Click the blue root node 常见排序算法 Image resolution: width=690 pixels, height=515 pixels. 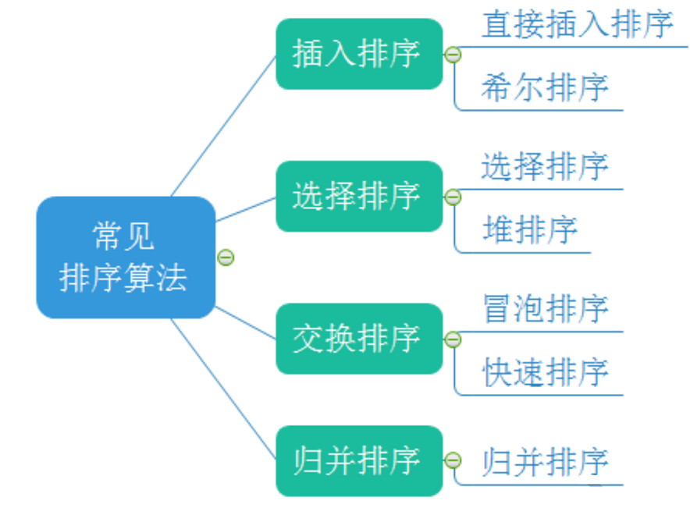click(x=125, y=257)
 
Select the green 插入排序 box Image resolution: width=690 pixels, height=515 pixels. click(x=359, y=54)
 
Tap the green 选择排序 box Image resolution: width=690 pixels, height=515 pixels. click(x=359, y=196)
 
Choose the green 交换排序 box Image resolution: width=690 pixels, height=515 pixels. click(x=359, y=339)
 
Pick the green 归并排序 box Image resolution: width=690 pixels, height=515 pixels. click(x=359, y=460)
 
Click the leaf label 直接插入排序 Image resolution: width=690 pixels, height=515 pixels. click(x=577, y=24)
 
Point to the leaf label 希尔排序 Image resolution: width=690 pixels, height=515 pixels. click(x=544, y=87)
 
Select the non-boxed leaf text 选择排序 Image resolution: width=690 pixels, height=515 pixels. click(x=544, y=166)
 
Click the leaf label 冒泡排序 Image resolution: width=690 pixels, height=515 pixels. click(x=544, y=309)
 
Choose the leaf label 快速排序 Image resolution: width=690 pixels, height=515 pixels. click(x=544, y=372)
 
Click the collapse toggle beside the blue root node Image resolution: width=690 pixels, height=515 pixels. click(x=226, y=257)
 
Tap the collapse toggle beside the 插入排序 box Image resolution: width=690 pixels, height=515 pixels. click(x=453, y=55)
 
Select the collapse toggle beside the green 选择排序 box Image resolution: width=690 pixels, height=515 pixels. click(x=453, y=197)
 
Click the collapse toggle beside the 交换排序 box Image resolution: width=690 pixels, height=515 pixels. click(x=453, y=339)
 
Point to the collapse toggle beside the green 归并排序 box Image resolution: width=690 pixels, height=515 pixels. click(x=453, y=460)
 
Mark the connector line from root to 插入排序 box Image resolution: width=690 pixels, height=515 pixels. click(x=224, y=125)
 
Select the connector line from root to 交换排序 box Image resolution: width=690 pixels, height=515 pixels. click(x=246, y=323)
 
